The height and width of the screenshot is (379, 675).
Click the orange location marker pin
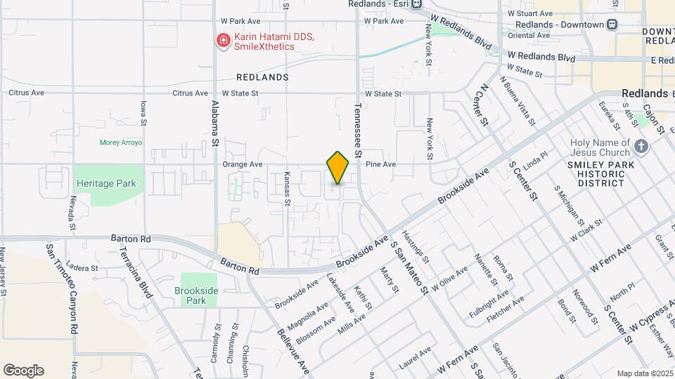(337, 167)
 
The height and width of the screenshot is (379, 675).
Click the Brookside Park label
(191, 295)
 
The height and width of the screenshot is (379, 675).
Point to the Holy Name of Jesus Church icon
(641, 146)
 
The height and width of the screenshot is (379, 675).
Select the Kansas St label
(287, 189)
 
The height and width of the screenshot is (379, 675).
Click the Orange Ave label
(242, 164)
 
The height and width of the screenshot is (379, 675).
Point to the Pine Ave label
(381, 164)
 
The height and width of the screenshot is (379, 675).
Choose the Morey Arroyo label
(121, 142)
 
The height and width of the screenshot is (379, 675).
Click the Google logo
(23, 370)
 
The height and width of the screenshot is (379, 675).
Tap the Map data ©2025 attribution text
(644, 373)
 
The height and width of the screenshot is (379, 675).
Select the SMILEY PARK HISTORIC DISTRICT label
(596, 174)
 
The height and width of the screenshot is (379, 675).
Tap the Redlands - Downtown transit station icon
(612, 25)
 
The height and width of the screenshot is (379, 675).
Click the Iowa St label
(143, 112)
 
